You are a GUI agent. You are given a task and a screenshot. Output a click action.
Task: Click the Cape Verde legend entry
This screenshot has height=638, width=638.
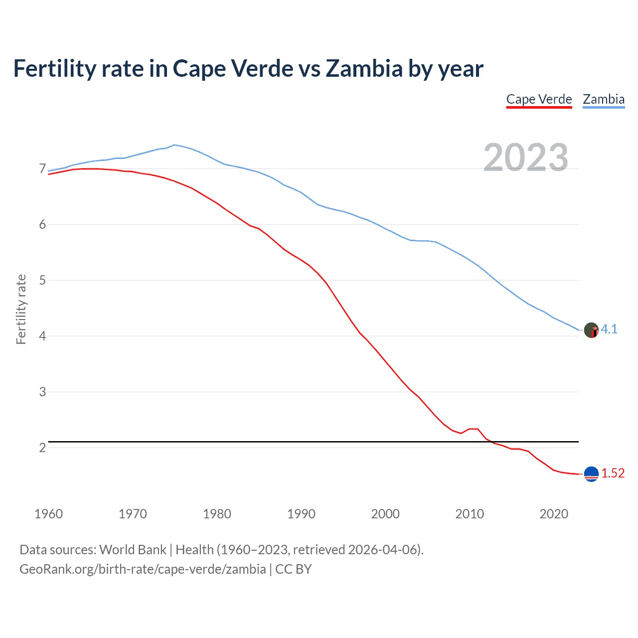point(539,99)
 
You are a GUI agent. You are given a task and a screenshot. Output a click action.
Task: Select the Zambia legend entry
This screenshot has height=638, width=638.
point(604,99)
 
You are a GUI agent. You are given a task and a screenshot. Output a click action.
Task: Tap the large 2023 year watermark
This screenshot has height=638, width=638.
point(526,158)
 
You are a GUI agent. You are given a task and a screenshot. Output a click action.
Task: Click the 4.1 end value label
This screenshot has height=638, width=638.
point(609,329)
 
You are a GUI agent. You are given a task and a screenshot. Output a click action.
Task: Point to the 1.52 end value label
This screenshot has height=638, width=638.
point(613,474)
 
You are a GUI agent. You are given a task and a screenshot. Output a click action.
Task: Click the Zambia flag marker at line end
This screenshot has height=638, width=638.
point(591,330)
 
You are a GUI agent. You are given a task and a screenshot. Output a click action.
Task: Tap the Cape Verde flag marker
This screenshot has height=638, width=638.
point(591,474)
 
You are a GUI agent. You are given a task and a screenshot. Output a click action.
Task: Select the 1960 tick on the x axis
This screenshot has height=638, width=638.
point(48,514)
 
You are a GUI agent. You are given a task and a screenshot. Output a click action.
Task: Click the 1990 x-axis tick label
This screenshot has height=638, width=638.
point(301,514)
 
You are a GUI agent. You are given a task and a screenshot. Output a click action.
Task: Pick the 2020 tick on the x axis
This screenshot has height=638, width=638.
point(554,514)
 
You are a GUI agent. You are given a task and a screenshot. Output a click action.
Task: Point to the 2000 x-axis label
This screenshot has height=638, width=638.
point(385,514)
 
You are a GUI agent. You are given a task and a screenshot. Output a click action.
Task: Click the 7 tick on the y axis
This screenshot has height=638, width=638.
point(42,169)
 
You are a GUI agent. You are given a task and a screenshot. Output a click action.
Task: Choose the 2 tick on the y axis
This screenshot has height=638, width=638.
point(42,448)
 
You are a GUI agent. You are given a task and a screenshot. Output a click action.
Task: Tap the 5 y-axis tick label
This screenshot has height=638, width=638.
point(42,281)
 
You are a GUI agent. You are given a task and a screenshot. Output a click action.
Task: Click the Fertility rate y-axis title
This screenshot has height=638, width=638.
point(21,309)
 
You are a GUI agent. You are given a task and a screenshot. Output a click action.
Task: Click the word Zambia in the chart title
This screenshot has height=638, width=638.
point(364,69)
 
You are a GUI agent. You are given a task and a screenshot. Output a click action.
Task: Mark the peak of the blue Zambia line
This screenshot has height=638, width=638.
point(174,145)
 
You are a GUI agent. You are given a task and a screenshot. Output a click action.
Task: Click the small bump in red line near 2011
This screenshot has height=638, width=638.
point(474,429)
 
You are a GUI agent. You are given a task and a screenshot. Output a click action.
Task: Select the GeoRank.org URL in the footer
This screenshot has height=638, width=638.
point(143,569)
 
